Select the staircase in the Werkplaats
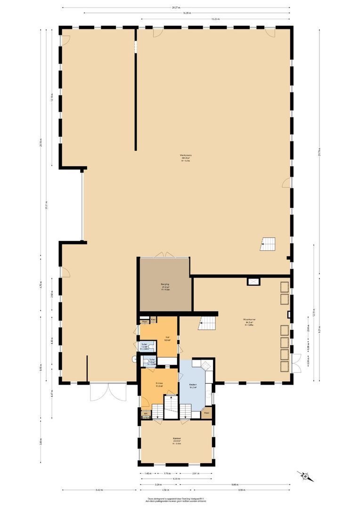click(268, 244)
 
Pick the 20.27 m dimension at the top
click(176, 8)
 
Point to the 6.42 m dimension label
click(99, 490)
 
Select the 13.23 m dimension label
click(215, 19)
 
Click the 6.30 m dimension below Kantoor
click(176, 479)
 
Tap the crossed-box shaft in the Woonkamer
click(254, 282)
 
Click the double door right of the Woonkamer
click(296, 362)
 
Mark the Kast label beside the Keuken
click(206, 413)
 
